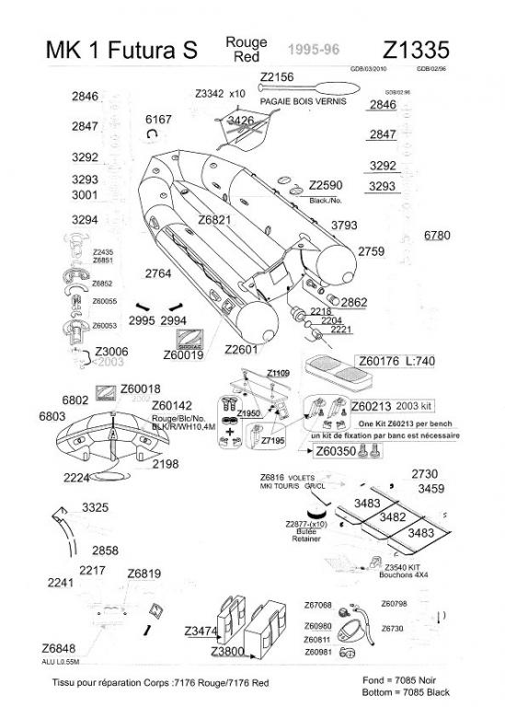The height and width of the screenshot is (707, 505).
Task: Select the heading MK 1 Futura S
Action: coord(121,52)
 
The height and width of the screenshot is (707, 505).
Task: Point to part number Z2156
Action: coord(277,76)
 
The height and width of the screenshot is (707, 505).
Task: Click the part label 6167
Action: coord(158,120)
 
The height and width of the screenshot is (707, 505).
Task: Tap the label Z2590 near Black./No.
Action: coord(326,185)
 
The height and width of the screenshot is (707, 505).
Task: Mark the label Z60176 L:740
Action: coord(395,362)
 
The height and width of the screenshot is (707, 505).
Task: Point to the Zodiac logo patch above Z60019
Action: coord(193,338)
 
